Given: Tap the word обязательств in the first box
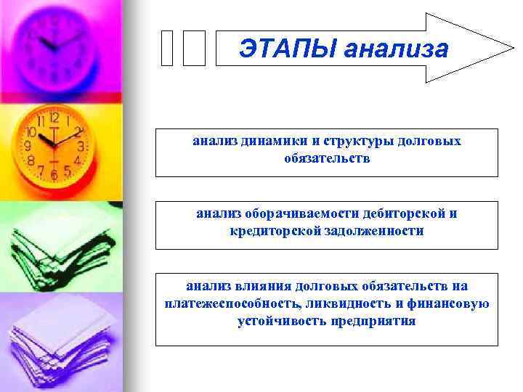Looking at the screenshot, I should pos(327,158).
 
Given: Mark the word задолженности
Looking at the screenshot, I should pos(374,231).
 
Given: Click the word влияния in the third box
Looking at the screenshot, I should pos(260,287).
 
